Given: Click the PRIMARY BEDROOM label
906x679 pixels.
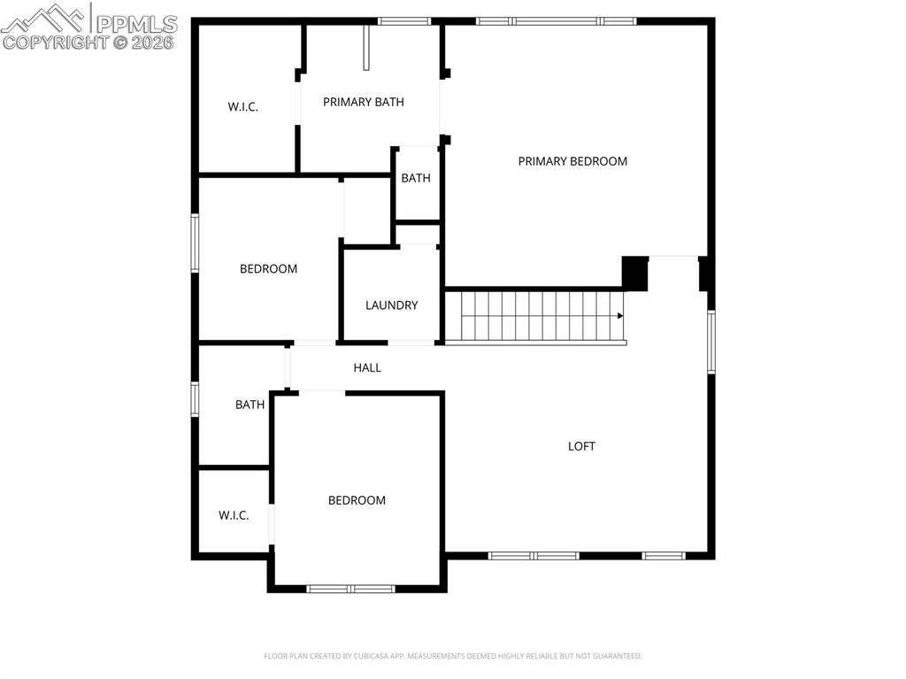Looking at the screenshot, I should (572, 161).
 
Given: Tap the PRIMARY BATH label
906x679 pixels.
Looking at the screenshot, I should (363, 102).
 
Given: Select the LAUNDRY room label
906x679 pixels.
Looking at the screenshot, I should (391, 305).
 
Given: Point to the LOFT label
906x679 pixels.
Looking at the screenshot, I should (581, 446).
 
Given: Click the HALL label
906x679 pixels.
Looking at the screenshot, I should (367, 367).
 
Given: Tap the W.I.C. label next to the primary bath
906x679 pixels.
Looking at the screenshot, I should (242, 107).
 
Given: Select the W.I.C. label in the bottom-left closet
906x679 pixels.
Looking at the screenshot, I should (234, 515).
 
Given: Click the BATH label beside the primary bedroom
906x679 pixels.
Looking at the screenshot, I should (416, 178).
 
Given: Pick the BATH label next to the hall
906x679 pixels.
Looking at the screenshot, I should (250, 405).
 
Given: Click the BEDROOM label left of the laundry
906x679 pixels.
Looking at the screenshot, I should (268, 269).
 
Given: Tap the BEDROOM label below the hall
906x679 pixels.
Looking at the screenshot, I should (357, 500).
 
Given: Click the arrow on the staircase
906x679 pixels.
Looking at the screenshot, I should (620, 315).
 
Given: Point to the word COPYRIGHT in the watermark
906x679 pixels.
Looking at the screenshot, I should (55, 42).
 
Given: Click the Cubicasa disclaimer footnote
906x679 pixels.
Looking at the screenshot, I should (452, 656).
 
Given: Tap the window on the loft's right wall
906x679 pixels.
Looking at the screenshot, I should (710, 342).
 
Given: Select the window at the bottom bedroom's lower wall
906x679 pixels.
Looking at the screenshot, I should (350, 588).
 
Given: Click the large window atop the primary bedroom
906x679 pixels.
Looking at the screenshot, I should (556, 21).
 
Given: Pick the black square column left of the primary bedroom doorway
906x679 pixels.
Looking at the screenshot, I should (635, 274).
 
